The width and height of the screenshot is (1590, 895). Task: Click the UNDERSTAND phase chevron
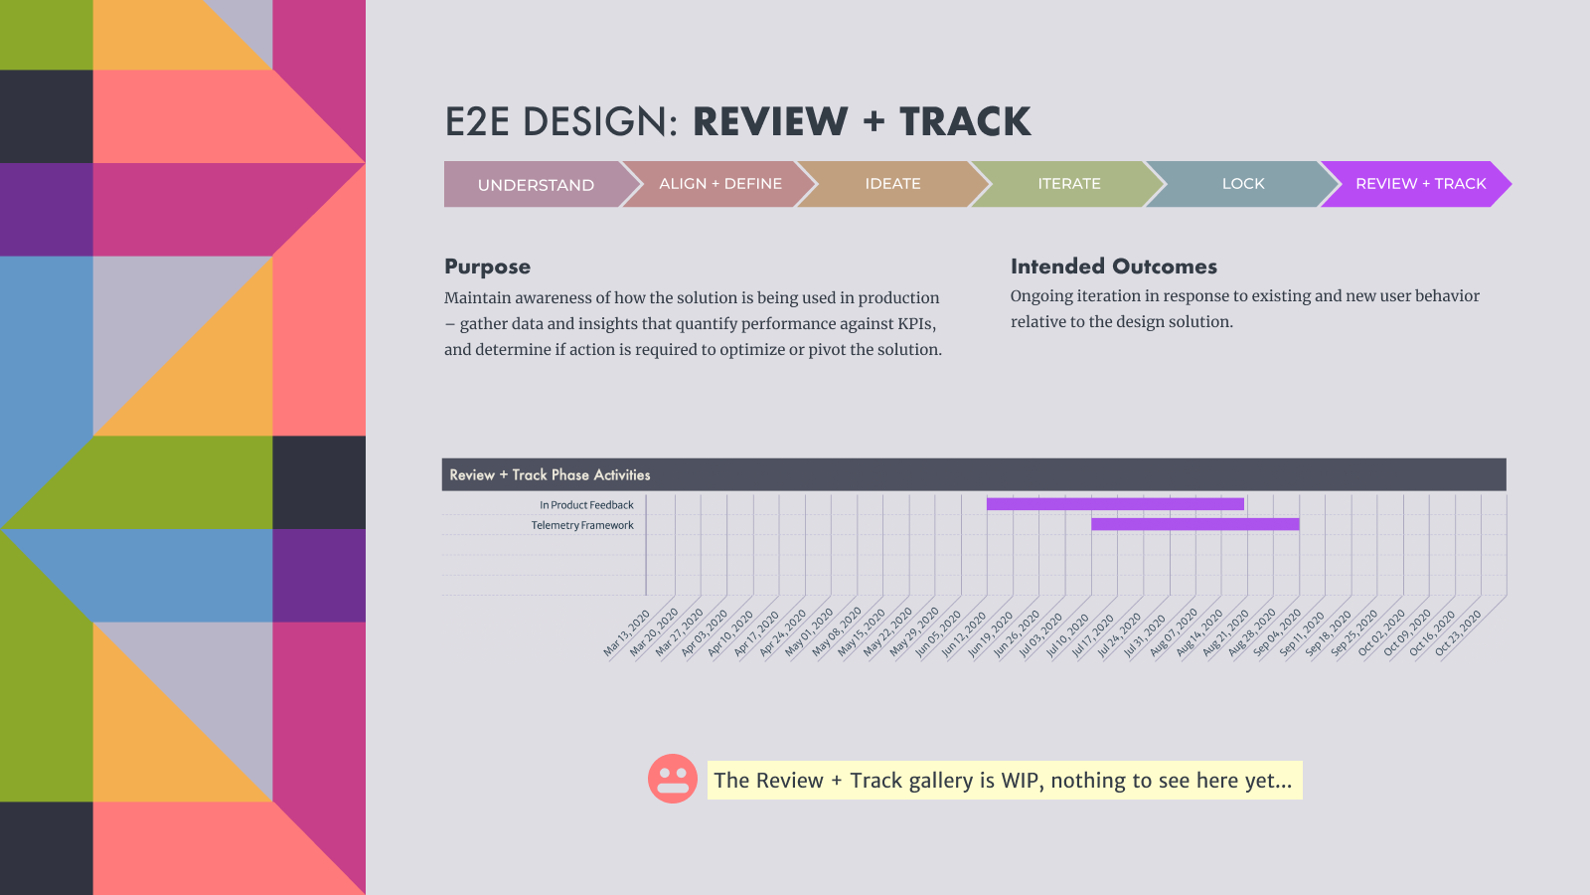point(536,185)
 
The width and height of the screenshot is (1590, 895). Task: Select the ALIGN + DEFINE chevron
point(719,184)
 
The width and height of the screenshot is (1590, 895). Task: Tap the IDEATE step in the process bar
point(893,184)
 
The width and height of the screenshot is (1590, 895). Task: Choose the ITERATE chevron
point(1069,184)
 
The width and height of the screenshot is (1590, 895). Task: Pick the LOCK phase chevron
point(1243,184)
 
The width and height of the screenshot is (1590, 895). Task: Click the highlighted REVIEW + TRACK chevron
point(1417,184)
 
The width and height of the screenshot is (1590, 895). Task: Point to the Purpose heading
point(488,267)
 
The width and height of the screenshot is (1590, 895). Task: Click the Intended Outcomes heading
point(1114,267)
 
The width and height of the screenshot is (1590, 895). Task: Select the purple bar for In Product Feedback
point(1115,503)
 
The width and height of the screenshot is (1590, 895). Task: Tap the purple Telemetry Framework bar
point(1195,524)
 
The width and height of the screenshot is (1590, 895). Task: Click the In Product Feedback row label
point(586,505)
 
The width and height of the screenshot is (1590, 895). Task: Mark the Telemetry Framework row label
point(582,526)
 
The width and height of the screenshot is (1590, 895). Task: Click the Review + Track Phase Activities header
point(551,475)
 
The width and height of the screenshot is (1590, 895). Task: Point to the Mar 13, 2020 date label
point(626,632)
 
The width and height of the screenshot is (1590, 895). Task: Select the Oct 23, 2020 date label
point(1458,632)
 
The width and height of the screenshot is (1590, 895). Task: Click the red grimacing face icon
point(672,779)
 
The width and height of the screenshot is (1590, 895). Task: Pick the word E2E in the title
point(477,121)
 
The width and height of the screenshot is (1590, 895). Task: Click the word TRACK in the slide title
point(965,121)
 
